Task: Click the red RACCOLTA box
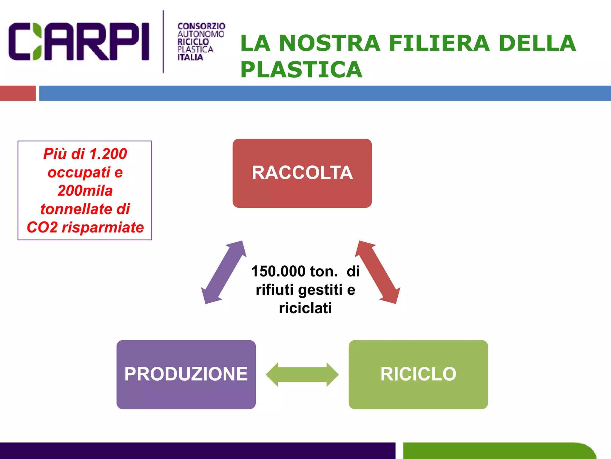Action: click(x=302, y=173)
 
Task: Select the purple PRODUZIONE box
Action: click(x=186, y=374)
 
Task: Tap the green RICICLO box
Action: click(x=418, y=374)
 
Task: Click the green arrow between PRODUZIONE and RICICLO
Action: click(x=302, y=374)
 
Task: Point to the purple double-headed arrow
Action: click(x=224, y=272)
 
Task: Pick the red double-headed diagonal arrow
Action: click(x=377, y=272)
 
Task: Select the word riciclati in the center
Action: click(x=305, y=308)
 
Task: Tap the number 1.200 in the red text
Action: click(x=108, y=154)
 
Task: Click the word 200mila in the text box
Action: click(x=85, y=191)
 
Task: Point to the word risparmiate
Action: click(x=103, y=227)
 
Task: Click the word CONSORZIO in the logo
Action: click(x=201, y=27)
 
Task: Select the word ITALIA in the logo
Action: click(x=190, y=57)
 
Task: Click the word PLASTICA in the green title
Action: click(x=301, y=70)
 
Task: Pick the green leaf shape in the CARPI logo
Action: click(x=37, y=42)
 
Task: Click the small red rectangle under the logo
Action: click(x=18, y=93)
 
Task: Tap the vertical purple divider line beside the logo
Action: click(x=163, y=42)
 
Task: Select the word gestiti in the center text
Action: click(x=320, y=290)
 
